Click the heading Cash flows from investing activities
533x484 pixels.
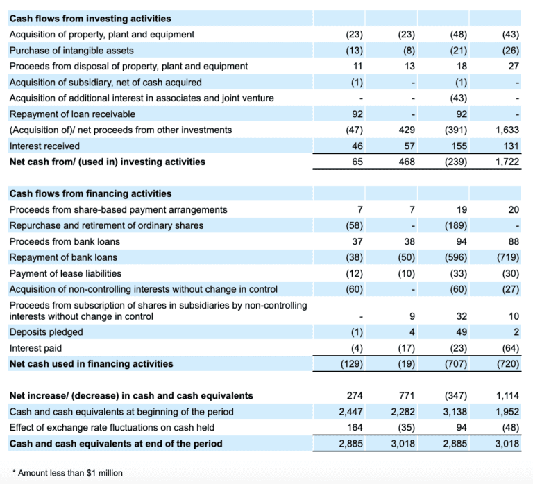tap(90, 19)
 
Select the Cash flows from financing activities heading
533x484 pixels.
tap(90, 193)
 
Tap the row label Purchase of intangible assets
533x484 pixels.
tap(71, 50)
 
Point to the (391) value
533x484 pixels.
tap(455, 130)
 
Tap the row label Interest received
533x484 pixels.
tap(44, 146)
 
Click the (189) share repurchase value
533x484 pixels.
tap(455, 225)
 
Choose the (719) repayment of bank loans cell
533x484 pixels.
tap(508, 257)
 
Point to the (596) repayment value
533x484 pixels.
tap(455, 257)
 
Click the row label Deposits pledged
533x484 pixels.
tap(46, 332)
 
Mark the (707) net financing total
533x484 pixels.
tap(455, 363)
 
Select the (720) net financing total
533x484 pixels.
tap(508, 363)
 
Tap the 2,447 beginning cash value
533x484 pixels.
tap(351, 412)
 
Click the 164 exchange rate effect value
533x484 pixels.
tap(355, 427)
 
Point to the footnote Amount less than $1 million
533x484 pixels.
tap(69, 473)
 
